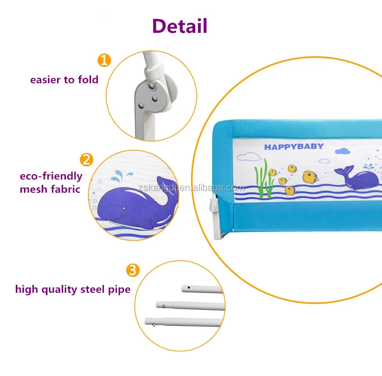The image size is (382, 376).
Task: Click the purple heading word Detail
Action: [180, 25]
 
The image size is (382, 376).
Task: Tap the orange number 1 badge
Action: [104, 60]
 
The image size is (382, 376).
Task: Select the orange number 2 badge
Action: [86, 159]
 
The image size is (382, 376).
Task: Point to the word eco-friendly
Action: [51, 176]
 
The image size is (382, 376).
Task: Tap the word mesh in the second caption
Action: [33, 189]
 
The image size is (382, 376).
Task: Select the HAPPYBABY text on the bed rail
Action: [294, 147]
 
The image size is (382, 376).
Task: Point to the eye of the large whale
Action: [124, 208]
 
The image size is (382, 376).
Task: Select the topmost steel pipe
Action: [202, 289]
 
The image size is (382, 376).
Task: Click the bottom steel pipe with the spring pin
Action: [184, 322]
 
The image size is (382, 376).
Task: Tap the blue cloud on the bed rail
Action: [342, 151]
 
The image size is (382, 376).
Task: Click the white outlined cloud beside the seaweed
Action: [247, 156]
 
